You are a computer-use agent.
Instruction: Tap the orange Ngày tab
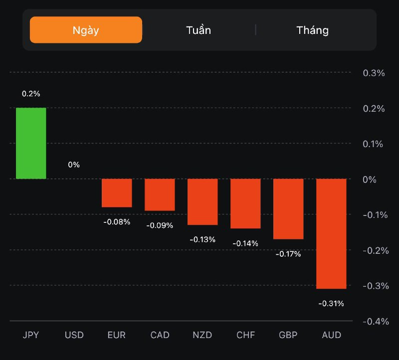86,30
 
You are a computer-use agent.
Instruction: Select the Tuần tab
199,30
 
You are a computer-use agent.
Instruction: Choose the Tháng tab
312,30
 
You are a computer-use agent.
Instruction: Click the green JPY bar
31,143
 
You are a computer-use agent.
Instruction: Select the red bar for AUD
331,233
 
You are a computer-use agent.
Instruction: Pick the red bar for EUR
117,193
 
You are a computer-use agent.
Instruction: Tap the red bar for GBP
288,209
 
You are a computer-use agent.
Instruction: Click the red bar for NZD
202,201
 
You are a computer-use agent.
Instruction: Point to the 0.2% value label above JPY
31,94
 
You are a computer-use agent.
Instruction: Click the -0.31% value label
331,303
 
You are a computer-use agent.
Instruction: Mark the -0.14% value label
245,243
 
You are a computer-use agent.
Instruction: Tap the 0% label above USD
74,165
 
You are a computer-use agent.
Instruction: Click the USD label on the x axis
74,335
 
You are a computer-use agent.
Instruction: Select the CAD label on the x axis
160,335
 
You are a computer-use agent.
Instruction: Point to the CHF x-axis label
245,335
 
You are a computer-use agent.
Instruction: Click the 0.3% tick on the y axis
374,73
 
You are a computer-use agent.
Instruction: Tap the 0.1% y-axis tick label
374,144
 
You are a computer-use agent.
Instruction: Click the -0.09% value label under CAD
160,225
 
